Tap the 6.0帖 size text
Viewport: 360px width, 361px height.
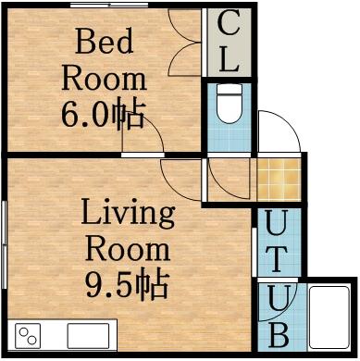[103, 115]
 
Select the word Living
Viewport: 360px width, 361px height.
[127, 214]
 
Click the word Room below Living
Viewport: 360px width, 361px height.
[127, 249]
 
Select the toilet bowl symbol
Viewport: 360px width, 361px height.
[228, 107]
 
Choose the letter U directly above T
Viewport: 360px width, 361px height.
[279, 222]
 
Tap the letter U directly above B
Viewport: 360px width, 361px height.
[279, 298]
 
